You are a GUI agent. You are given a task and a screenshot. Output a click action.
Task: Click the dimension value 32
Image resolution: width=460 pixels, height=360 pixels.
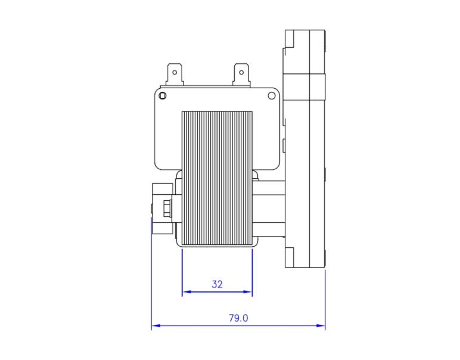[217, 284]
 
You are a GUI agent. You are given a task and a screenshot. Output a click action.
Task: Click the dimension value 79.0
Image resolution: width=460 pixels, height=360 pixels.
[238, 318]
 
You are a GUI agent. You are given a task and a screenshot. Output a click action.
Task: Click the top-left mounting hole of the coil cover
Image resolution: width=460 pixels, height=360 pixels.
[163, 96]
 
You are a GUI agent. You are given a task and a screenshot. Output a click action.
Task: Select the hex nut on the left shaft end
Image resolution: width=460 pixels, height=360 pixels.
[166, 209]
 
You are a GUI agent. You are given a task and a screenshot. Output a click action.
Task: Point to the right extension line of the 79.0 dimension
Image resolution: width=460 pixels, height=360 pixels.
[325, 298]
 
